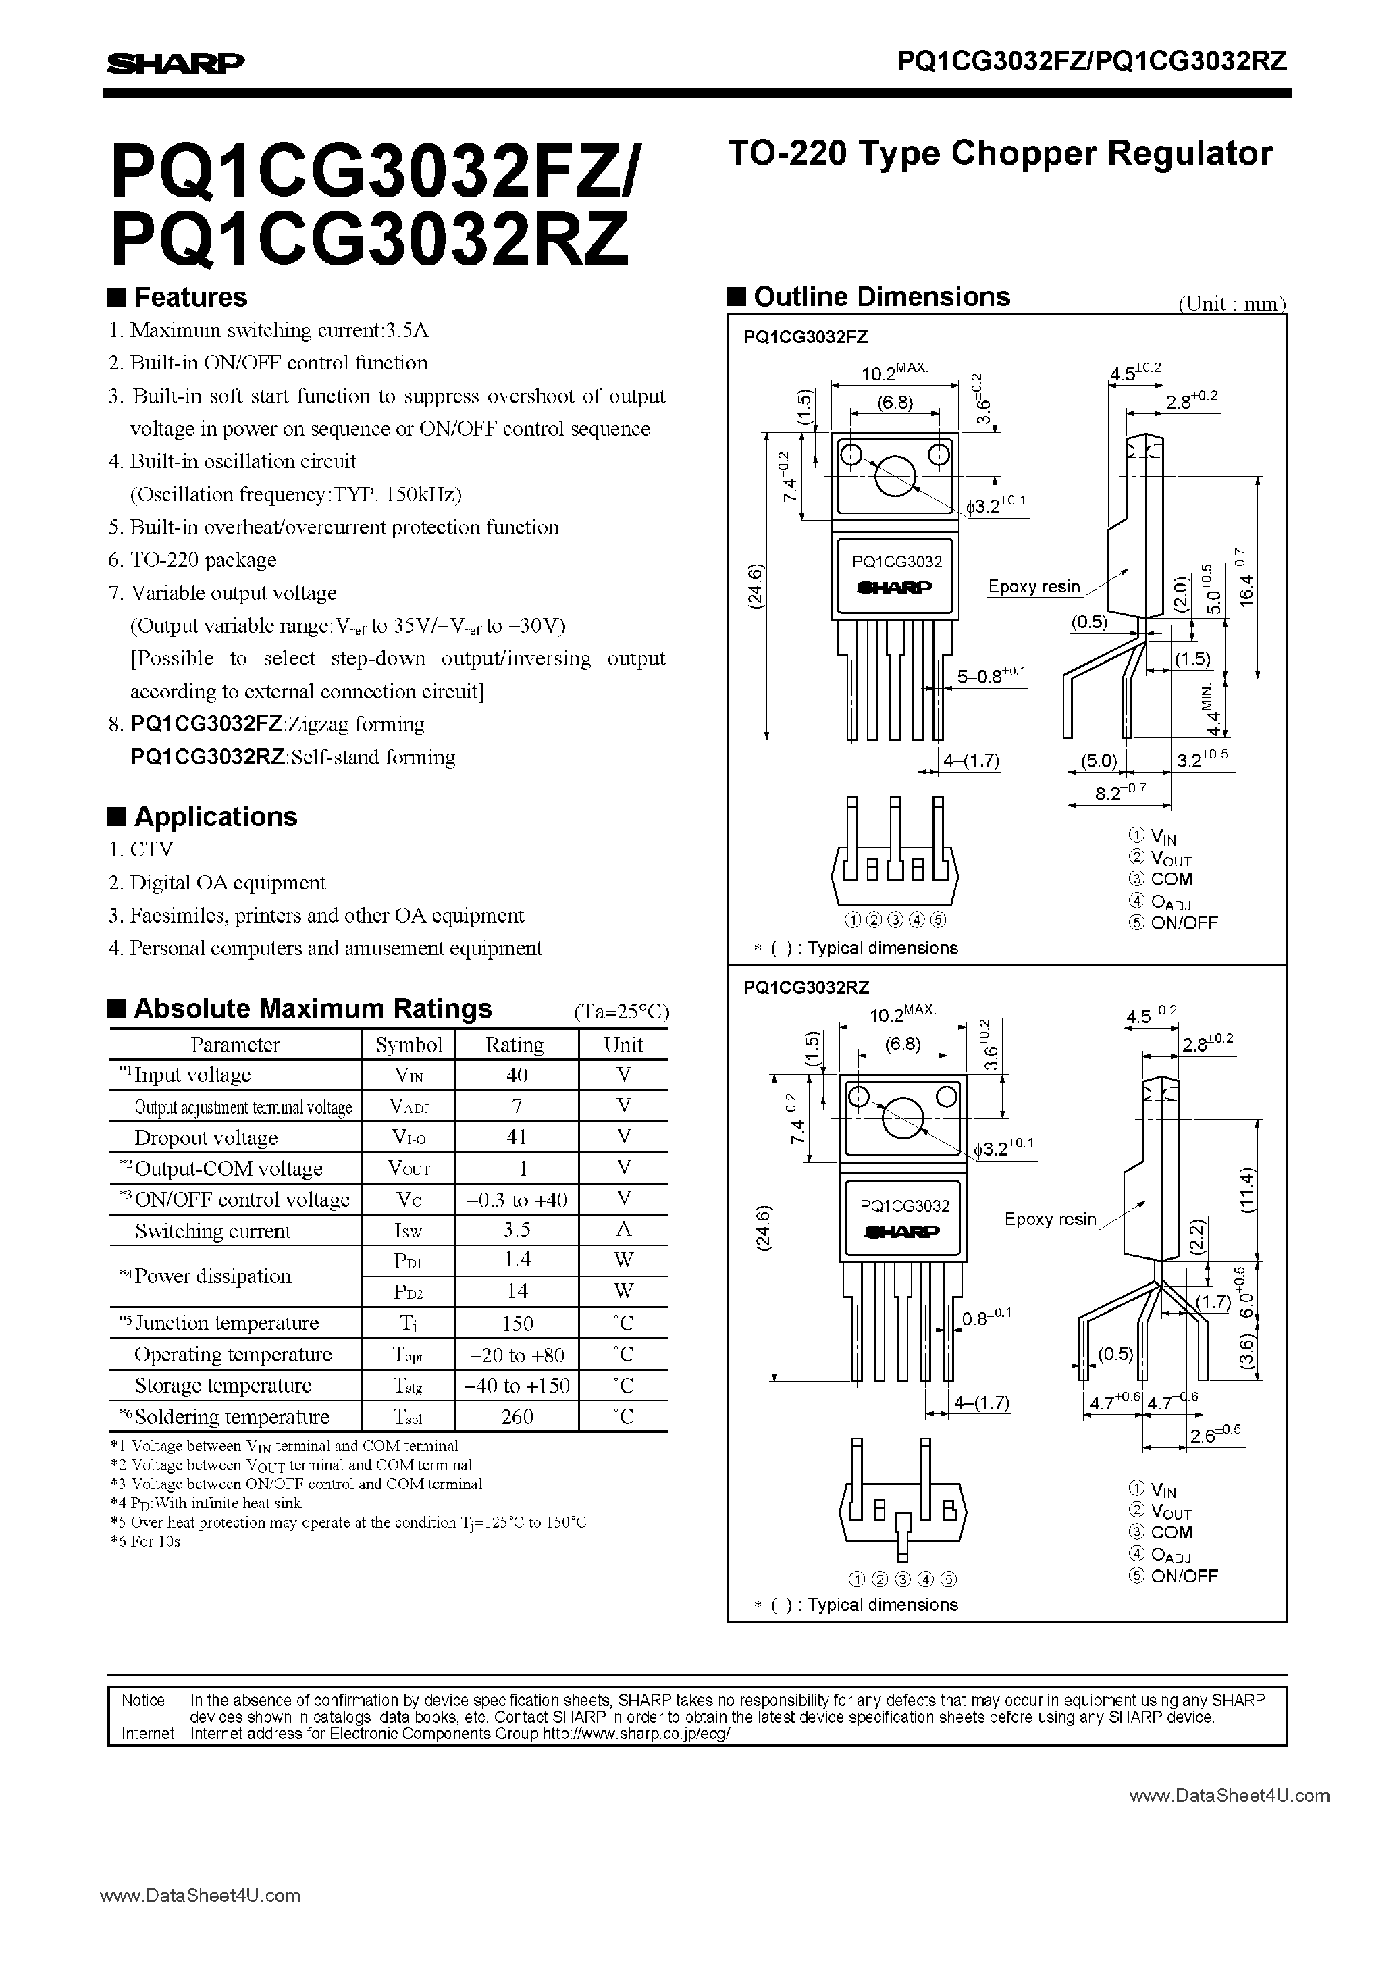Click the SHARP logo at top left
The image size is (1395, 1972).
[x=176, y=63]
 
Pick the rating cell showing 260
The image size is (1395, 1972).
[x=517, y=1416]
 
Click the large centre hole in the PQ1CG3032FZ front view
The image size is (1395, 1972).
[x=894, y=476]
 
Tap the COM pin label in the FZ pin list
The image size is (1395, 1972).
[x=1171, y=879]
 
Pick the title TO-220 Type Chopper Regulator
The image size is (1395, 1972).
[x=1000, y=153]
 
